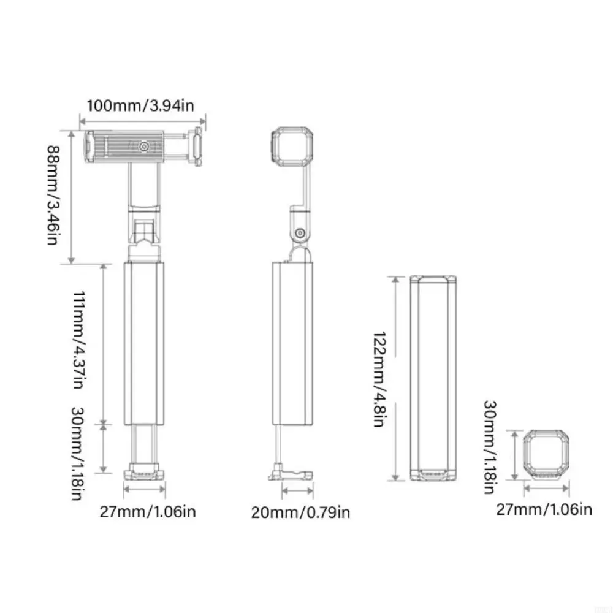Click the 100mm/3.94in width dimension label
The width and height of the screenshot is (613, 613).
[140, 105]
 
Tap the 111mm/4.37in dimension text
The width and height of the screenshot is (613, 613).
[78, 341]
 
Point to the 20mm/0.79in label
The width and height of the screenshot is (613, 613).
[300, 512]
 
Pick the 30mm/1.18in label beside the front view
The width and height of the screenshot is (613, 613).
[78, 453]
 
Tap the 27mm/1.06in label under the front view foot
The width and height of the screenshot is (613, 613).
[148, 510]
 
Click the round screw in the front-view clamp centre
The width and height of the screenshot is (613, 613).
[143, 147]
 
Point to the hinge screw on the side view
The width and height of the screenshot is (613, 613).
[300, 234]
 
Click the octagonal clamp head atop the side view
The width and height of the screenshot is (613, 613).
[294, 147]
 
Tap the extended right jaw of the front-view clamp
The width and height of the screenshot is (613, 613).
[198, 147]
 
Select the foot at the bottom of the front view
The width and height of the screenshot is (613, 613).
[145, 473]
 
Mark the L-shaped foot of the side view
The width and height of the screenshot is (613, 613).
[288, 474]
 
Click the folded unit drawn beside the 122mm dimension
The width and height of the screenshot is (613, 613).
[434, 379]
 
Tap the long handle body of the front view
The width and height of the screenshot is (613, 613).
[145, 343]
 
